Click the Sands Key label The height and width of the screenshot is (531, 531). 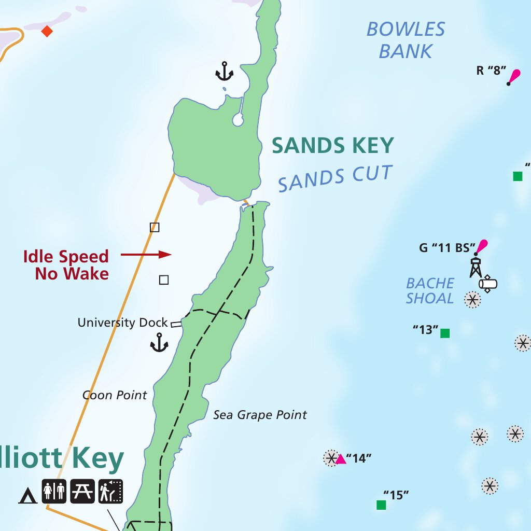click(332, 146)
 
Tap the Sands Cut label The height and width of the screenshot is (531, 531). click(335, 178)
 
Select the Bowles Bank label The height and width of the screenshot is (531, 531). click(406, 40)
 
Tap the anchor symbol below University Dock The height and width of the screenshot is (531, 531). click(159, 343)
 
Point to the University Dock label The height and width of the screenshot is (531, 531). click(122, 323)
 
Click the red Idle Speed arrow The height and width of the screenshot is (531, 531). click(146, 255)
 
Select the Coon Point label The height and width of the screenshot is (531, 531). click(115, 395)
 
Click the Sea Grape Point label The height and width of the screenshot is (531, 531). click(260, 415)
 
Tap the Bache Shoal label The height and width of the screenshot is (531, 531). click(430, 291)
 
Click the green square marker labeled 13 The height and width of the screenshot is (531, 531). click(445, 333)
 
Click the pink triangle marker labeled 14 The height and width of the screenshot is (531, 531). click(341, 459)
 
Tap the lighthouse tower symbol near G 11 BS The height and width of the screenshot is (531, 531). click(476, 266)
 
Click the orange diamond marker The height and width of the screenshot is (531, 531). click(47, 31)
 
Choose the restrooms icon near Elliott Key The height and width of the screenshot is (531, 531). click(54, 491)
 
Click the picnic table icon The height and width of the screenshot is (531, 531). click(82, 491)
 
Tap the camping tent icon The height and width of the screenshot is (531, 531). click(27, 496)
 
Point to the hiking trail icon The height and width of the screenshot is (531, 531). click(110, 491)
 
